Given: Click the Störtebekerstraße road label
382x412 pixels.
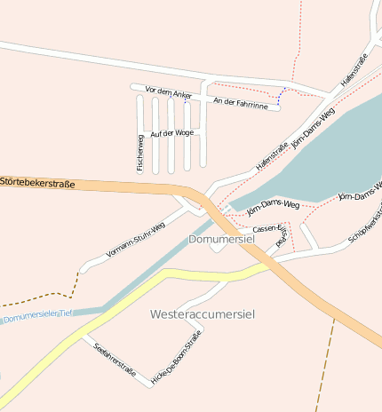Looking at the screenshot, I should point(36,182).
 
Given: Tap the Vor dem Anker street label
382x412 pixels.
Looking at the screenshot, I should point(169,93).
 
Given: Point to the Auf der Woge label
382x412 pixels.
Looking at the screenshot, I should point(171,133).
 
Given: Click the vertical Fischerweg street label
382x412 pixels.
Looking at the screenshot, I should point(140,152).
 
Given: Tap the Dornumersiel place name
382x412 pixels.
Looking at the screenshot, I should point(221,240).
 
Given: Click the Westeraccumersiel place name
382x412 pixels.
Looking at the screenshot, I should point(203,314).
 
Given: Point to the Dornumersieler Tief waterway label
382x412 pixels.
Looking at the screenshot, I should point(36,316).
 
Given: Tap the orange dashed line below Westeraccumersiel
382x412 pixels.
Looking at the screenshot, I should point(325,364).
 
